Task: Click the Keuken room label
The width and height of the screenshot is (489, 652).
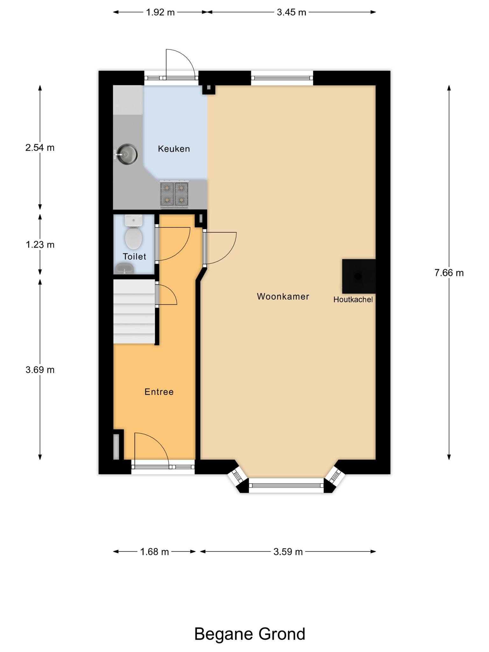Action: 174,149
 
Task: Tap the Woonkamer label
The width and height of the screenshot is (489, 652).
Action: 283,296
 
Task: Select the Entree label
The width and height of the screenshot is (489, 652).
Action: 159,392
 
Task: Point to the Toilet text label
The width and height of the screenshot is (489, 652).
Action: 134,256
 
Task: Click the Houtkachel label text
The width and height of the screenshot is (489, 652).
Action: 353,300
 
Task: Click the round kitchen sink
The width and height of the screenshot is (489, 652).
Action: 127,154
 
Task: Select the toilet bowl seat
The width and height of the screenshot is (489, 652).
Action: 133,237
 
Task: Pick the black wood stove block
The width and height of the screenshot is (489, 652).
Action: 359,276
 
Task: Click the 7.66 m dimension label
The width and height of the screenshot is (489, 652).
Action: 449,273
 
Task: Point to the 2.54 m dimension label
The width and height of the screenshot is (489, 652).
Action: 40,148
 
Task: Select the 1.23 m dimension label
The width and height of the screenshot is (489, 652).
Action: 40,244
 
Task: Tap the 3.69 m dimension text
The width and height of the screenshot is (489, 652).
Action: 40,370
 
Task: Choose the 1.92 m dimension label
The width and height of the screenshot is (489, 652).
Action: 160,12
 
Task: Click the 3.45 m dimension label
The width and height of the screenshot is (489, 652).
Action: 291,12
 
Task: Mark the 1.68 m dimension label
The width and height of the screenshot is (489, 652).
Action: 154,551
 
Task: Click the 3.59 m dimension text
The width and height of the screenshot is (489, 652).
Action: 288,551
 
